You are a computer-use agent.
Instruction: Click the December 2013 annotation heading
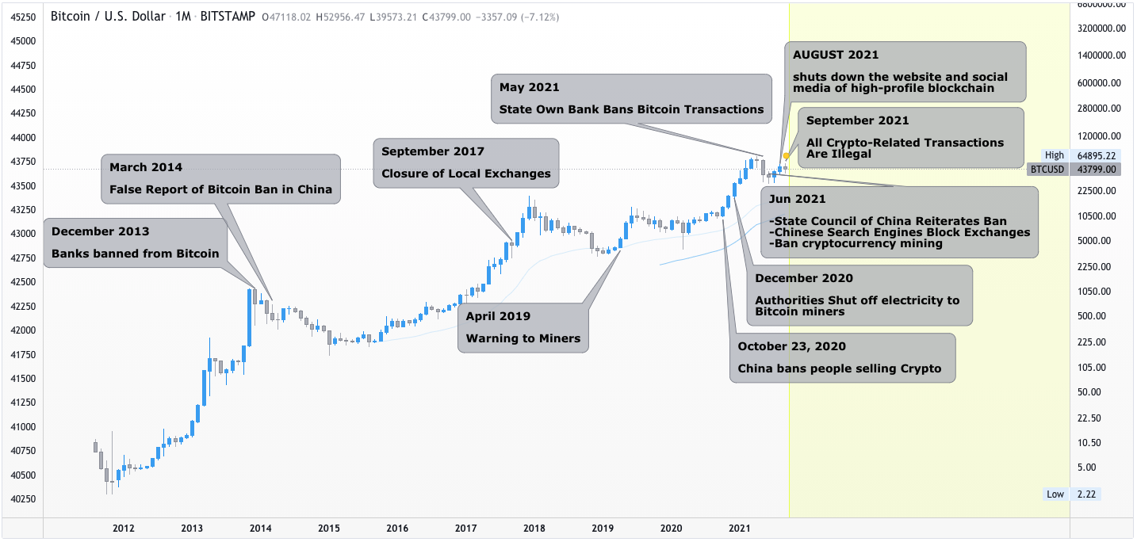click(100, 231)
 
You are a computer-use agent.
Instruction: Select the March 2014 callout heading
click(146, 167)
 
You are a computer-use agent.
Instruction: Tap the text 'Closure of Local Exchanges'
click(465, 174)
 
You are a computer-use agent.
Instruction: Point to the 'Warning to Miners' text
click(523, 338)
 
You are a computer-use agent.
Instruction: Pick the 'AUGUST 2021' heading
click(836, 55)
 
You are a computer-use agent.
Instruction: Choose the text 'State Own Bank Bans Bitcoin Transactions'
click(631, 109)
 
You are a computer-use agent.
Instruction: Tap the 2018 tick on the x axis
click(534, 528)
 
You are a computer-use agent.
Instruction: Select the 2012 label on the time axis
click(124, 528)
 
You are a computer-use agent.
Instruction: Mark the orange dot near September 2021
click(786, 156)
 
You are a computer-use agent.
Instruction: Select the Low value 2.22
click(1085, 494)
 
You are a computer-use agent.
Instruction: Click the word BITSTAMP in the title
click(228, 16)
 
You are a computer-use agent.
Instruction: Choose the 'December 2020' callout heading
click(804, 278)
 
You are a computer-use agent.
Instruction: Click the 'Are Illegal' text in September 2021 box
click(839, 154)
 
